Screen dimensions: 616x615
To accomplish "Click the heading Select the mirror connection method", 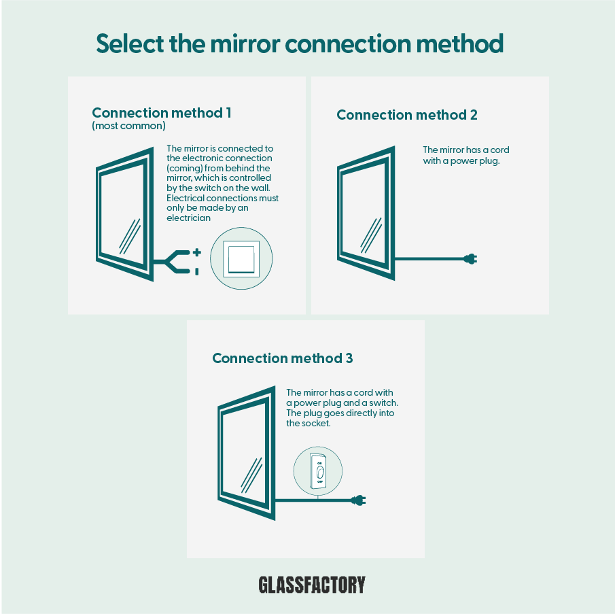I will tap(300, 44).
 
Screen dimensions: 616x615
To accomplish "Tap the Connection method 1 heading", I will tap(161, 113).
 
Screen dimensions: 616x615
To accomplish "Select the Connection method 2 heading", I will tap(406, 115).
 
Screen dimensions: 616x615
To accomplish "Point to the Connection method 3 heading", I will tap(282, 358).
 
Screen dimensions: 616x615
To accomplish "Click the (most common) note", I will tap(128, 126).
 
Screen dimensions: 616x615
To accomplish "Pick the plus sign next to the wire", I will tap(196, 252).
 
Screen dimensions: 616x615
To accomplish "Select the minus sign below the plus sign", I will tap(196, 271).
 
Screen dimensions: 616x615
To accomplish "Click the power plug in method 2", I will tap(470, 258).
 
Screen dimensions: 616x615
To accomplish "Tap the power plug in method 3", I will tap(359, 501).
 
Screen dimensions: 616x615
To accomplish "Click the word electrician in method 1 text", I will tap(187, 218).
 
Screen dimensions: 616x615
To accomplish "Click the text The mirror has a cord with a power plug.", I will tap(465, 156).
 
